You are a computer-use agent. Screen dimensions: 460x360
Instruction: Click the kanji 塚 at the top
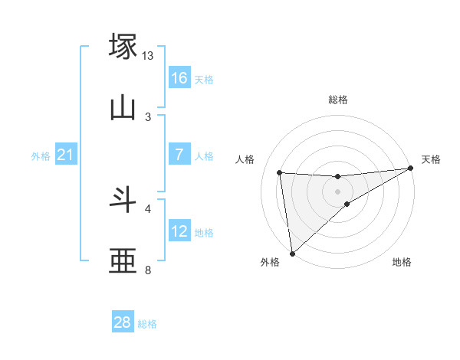click(x=123, y=45)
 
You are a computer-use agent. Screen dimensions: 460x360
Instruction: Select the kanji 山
click(x=123, y=108)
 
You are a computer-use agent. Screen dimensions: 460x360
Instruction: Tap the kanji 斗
click(x=123, y=199)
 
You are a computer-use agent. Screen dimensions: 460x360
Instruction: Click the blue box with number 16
click(x=179, y=78)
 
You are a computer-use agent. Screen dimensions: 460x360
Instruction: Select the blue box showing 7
click(x=179, y=155)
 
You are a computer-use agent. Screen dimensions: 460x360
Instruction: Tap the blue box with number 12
click(x=179, y=231)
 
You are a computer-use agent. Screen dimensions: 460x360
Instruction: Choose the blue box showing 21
click(x=66, y=155)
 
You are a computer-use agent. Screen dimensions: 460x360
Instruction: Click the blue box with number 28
click(x=123, y=322)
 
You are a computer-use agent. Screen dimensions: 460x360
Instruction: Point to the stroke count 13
click(x=148, y=56)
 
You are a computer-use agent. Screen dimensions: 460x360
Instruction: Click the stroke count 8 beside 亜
click(x=148, y=270)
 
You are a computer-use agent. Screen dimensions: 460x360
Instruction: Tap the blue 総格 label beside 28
click(x=147, y=324)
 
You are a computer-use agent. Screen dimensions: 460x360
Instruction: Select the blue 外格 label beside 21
click(x=41, y=156)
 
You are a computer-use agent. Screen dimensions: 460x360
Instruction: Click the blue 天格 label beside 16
click(x=204, y=80)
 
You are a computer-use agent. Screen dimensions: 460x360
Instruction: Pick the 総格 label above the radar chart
click(x=337, y=100)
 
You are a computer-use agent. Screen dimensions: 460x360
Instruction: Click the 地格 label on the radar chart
click(x=402, y=263)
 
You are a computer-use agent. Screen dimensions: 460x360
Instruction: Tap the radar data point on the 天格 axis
click(x=411, y=169)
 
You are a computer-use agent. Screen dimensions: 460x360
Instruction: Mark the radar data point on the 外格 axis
click(x=292, y=254)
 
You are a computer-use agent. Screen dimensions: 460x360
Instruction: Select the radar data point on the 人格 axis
click(x=280, y=172)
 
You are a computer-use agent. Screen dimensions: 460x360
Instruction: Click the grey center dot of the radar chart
click(x=337, y=191)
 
